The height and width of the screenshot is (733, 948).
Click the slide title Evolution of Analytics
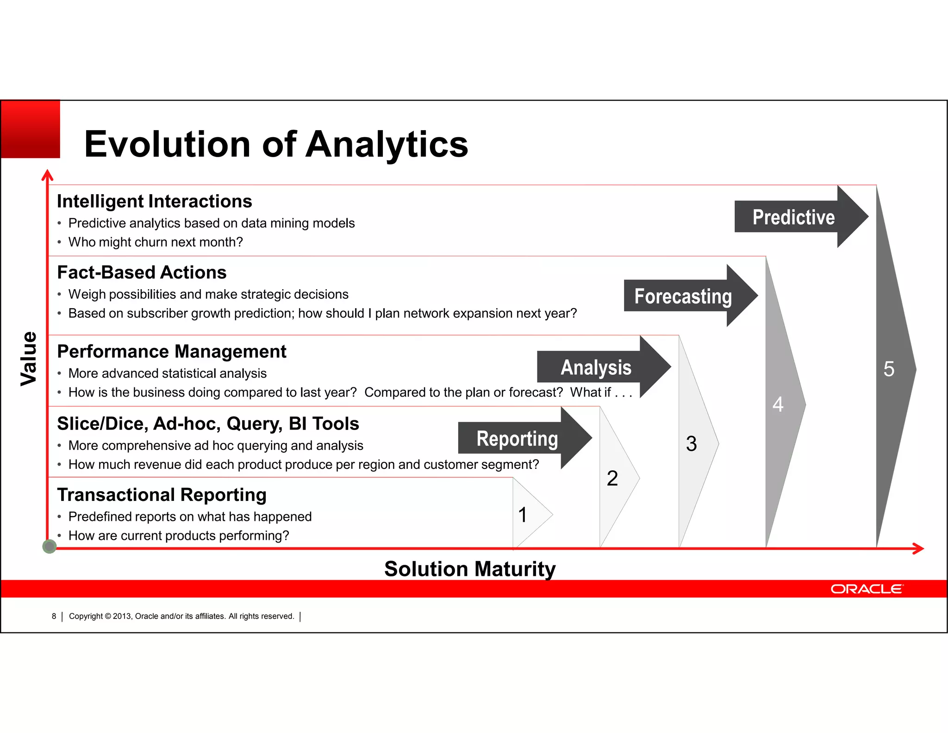276,144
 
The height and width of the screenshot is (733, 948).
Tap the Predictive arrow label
793,217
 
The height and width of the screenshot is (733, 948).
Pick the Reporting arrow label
517,438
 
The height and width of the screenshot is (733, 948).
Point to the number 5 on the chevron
889,369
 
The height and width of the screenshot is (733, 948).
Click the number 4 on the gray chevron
778,404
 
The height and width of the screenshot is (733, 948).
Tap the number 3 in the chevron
692,444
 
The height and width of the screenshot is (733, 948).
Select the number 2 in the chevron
612,478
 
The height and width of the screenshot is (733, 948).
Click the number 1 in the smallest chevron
523,515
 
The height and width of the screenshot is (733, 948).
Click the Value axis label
29,358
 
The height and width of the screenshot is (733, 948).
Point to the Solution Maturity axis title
470,569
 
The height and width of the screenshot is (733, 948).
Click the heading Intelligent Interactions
154,202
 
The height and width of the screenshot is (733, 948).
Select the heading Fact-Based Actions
142,272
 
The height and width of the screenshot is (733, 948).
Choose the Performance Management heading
171,352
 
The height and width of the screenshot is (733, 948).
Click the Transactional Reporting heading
162,495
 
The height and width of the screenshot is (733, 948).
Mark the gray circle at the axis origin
49,547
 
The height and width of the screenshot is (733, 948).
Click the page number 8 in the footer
54,616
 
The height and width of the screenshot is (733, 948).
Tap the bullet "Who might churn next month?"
156,242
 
